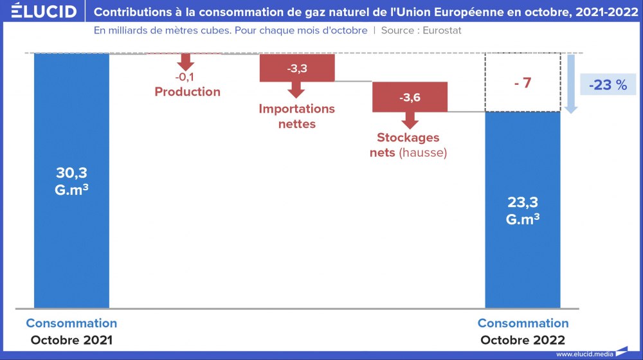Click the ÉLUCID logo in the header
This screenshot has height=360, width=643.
43,12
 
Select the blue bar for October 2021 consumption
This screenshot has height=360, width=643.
71,244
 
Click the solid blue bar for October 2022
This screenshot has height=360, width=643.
522,257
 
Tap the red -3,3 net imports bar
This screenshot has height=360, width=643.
297,67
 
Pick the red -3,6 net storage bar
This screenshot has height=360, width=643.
410,98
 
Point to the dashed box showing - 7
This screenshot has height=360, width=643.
522,83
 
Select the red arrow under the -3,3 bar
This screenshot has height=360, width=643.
297,89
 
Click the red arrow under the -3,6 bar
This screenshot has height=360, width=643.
410,120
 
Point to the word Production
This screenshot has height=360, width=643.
187,92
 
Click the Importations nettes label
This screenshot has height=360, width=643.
297,116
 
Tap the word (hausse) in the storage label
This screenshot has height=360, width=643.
422,153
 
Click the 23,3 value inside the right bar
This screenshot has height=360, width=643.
522,203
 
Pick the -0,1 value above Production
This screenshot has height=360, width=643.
186,78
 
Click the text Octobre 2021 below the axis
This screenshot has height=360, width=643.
71,339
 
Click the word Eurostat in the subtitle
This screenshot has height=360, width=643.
442,30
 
